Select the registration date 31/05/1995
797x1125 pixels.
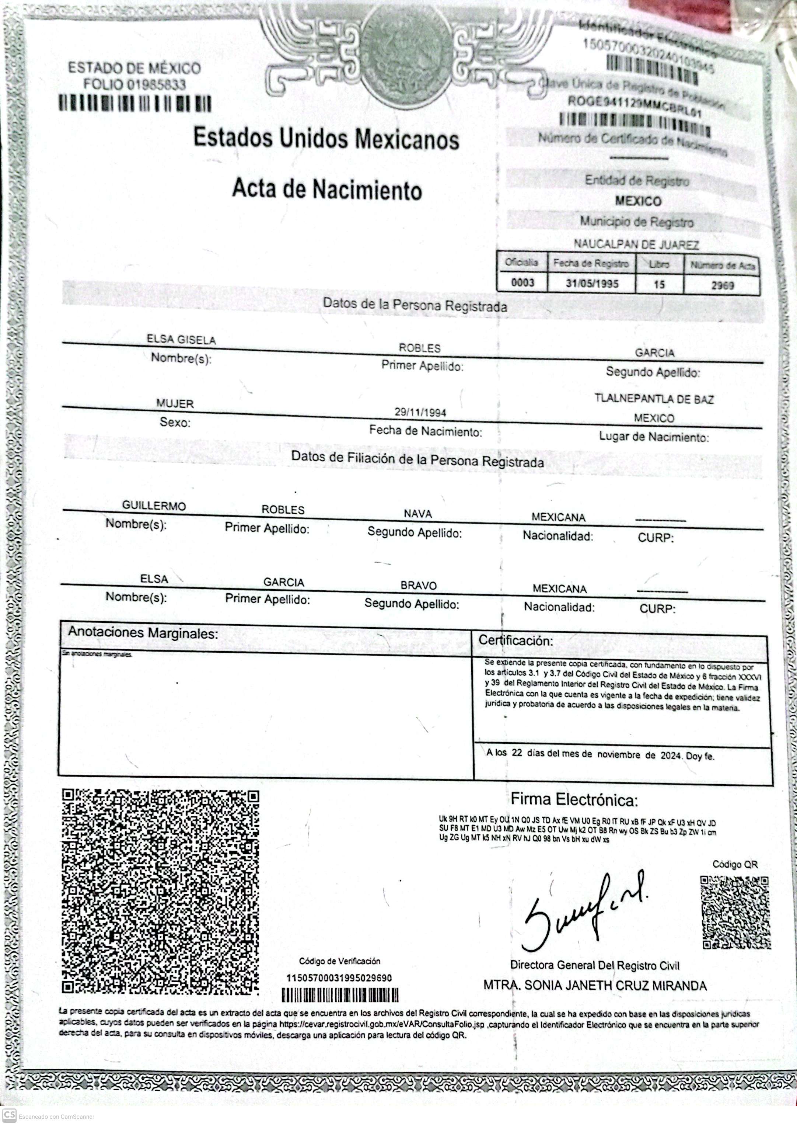pos(592,283)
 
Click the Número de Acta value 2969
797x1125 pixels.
pos(723,285)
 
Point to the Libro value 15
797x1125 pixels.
pos(659,284)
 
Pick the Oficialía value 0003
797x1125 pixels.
pos(522,282)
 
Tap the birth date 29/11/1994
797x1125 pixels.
pos(420,412)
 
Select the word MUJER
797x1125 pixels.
pos(175,404)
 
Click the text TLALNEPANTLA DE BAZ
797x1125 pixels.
pos(654,399)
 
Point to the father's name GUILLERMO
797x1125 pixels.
pos(154,506)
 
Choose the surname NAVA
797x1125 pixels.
pos(417,514)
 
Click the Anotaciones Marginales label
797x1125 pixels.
pos(142,633)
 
